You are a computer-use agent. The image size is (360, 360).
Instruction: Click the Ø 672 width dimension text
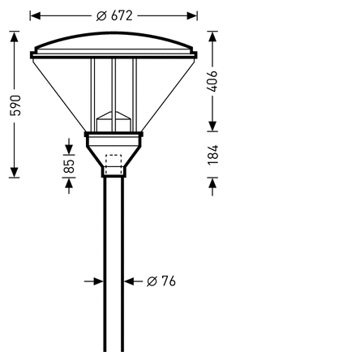(114, 16)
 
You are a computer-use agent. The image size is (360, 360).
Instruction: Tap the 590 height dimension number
(15, 105)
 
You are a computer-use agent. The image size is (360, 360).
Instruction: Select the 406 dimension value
(212, 81)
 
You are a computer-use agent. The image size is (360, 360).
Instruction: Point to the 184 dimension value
(212, 155)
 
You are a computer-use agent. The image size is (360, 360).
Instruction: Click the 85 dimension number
(69, 166)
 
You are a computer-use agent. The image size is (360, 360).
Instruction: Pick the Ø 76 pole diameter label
(161, 281)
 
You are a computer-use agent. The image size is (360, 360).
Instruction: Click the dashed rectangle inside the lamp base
(114, 165)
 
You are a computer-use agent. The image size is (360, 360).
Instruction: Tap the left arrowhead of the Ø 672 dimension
(35, 16)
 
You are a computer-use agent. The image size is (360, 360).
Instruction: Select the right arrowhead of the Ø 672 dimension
(192, 16)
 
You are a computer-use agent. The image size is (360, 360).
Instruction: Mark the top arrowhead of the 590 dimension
(15, 36)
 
